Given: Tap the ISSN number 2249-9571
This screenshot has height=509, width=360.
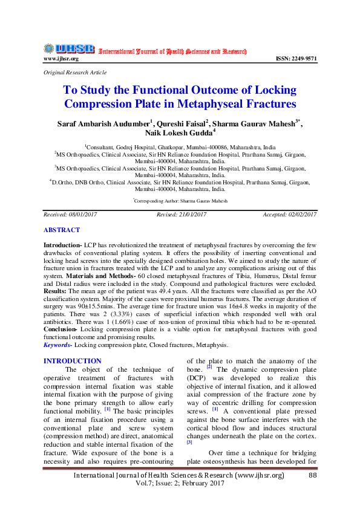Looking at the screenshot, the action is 296,59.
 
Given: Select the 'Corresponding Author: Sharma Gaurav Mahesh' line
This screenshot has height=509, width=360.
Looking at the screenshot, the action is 180,200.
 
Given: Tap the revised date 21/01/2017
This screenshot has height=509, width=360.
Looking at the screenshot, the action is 192,215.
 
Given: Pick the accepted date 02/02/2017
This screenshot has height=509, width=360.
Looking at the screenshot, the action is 301,215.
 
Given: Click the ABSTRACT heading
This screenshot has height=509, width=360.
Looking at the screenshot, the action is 61,230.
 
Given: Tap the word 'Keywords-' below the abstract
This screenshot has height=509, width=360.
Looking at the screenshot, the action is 58,345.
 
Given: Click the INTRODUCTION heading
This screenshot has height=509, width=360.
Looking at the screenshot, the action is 73,361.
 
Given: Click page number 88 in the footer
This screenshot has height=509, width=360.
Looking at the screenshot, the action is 313,476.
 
